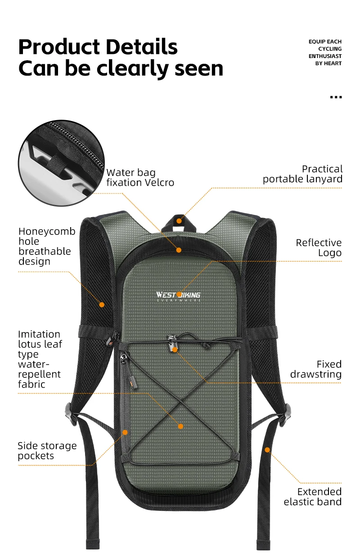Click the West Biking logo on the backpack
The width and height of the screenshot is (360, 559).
point(179,295)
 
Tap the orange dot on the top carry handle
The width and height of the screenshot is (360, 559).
point(179,221)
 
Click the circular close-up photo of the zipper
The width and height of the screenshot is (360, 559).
point(62,163)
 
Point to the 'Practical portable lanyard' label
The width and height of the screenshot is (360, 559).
point(302,174)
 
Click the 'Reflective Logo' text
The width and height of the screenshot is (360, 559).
point(319,248)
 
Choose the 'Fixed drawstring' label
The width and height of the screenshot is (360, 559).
point(316,369)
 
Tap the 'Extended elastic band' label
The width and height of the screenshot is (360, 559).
point(313,496)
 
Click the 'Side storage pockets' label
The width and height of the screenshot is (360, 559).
point(47,451)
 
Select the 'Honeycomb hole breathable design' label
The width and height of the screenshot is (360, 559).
point(46,246)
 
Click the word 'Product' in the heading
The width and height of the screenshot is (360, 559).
point(63,47)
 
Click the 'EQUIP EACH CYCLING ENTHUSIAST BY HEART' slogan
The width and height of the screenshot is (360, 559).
point(325,53)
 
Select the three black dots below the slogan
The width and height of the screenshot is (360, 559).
point(336,97)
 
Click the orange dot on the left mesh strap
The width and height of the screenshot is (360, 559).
point(102,304)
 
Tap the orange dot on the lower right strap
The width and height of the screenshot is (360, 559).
point(267,449)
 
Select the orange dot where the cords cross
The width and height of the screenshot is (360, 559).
point(180,426)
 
